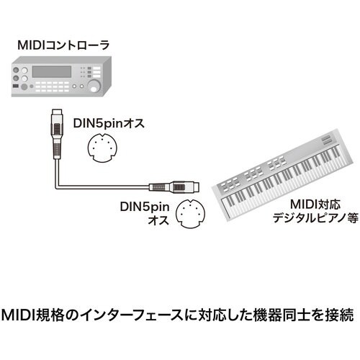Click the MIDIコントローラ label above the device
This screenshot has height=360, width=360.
[x=63, y=45]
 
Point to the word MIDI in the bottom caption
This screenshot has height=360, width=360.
[x=20, y=315]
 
